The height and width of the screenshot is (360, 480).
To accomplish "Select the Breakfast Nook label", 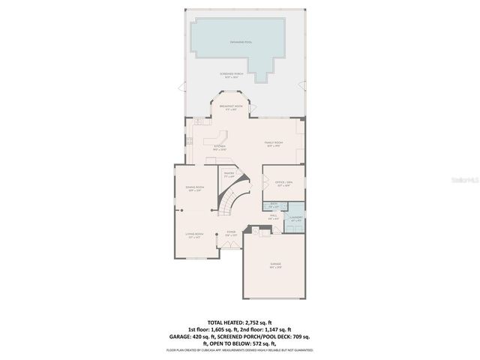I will click(x=231, y=107).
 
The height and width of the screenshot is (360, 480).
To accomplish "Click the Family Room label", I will click(x=272, y=143).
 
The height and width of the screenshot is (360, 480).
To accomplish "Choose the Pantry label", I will click(x=229, y=175).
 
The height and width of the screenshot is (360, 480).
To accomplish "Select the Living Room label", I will click(x=195, y=235).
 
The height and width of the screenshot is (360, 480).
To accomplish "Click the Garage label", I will click(x=275, y=266).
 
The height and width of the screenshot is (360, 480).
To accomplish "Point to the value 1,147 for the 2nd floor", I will click(x=286, y=328).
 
